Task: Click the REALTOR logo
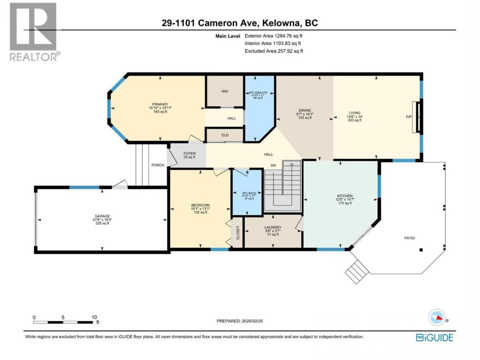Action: pyautogui.click(x=35, y=32)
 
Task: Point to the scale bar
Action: pyautogui.click(x=63, y=322)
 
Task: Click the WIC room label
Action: pyautogui.click(x=225, y=91)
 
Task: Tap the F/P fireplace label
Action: pyautogui.click(x=409, y=117)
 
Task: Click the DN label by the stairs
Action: pyautogui.click(x=273, y=165)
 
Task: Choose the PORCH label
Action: pyautogui.click(x=157, y=165)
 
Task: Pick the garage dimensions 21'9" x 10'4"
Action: pyautogui.click(x=102, y=220)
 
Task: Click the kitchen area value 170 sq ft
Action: pyautogui.click(x=345, y=203)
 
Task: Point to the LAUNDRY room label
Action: pyautogui.click(x=273, y=227)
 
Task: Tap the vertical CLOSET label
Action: pyautogui.click(x=238, y=233)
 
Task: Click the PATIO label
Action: pyautogui.click(x=409, y=238)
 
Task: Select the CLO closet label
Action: pyautogui.click(x=225, y=135)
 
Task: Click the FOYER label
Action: pyautogui.click(x=189, y=154)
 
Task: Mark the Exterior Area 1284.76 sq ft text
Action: pyautogui.click(x=274, y=36)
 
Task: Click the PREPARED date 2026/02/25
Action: pyautogui.click(x=252, y=321)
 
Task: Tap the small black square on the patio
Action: pyautogui.click(x=421, y=250)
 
